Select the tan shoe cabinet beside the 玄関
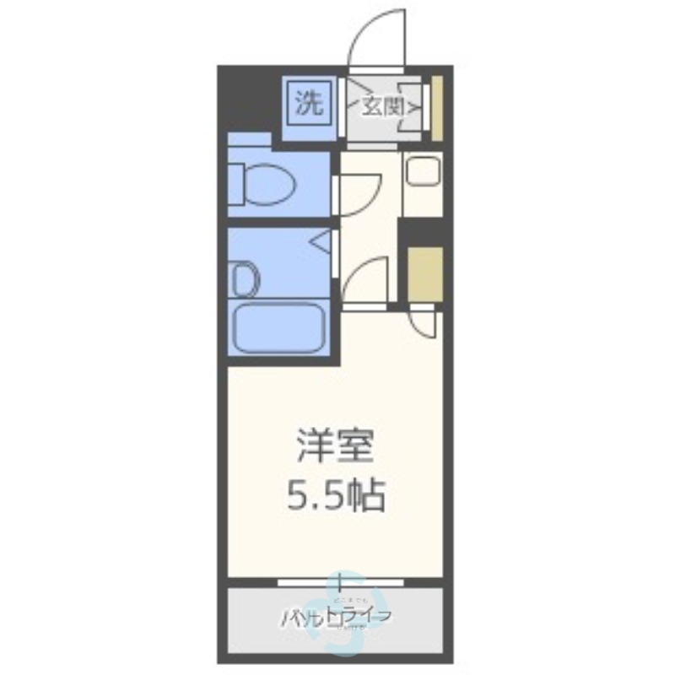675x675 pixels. click(x=437, y=110)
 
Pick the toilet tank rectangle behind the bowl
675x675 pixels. click(x=235, y=179)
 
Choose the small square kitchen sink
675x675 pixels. click(x=421, y=173)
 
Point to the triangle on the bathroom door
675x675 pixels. click(x=321, y=244)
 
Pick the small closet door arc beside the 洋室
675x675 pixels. click(x=422, y=323)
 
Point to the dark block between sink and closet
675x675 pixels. click(x=421, y=229)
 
